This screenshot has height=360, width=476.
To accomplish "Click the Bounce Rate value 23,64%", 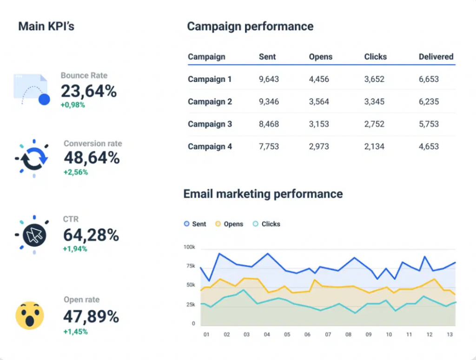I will coord(88,91).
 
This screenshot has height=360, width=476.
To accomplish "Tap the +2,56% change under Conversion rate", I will coord(75,172).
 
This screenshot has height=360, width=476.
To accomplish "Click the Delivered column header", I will coord(436,57).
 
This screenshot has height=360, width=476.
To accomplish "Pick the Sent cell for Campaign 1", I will coord(269,79).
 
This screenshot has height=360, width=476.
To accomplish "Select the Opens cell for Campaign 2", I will coord(319,102).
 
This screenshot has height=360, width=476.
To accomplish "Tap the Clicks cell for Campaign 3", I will coord(374,124).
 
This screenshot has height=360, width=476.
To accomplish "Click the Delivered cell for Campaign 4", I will coord(429,147).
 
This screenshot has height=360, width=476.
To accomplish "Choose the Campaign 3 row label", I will coord(210,124).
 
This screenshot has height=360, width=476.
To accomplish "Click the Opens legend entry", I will coord(229,224).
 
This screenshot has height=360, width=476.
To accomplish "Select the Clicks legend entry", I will coord(266,224).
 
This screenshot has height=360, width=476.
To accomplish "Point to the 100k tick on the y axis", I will coord(189,247).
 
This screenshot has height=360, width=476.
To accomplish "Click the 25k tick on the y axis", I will coord(191,305).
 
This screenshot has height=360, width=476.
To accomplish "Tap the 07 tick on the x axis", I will coord(328,334).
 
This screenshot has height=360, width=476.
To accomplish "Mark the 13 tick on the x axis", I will coord(449,334).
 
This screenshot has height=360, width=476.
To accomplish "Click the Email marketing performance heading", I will coord(263,194).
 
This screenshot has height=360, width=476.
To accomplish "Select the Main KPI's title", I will coord(46,26).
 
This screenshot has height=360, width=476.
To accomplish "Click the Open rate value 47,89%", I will coord(91,317).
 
